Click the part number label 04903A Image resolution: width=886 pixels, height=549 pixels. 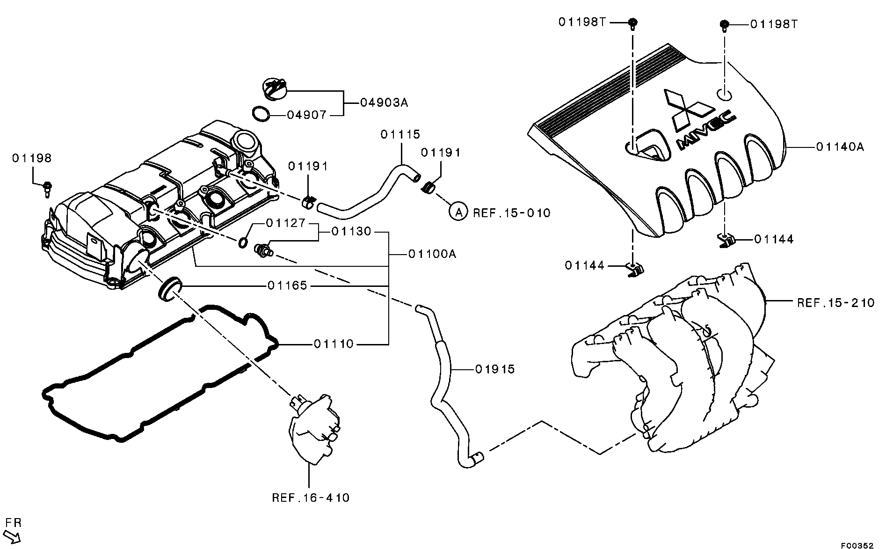coord(384,102)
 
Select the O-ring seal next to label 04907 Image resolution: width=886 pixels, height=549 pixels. coord(261,114)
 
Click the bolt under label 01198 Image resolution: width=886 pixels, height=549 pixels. coord(47,189)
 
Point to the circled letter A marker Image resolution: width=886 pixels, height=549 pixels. coord(458,212)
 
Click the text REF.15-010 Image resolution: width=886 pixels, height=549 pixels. coord(512,213)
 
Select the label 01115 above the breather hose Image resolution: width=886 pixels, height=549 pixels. coord(400,135)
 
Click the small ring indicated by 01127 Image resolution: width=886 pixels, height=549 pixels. coord(243,242)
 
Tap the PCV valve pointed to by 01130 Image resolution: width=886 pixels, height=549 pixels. coord(263,250)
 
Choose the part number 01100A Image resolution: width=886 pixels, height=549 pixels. coord(432,254)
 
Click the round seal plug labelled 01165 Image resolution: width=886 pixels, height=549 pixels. coord(169,289)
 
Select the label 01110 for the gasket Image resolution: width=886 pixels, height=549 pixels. coord(334,344)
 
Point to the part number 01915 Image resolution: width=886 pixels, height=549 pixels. coord(494,369)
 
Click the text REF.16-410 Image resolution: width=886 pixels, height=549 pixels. coord(311,498)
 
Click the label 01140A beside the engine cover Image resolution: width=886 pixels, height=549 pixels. coord(840,147)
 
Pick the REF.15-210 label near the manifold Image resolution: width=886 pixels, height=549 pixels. coord(835,303)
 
